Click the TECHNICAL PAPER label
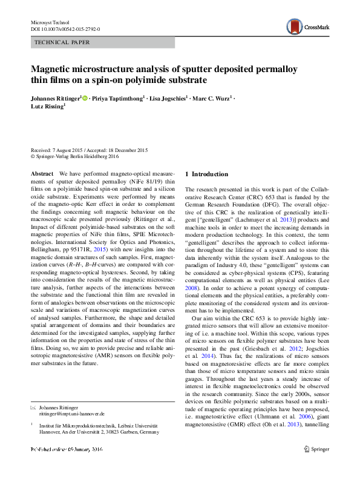(x=63, y=43)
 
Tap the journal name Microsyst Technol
(x=50, y=22)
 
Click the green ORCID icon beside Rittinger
(x=85, y=97)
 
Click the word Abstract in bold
(x=41, y=174)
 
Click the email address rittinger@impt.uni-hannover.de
(x=71, y=414)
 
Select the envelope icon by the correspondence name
(x=33, y=408)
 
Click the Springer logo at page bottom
(x=316, y=449)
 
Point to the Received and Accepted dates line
(x=89, y=150)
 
